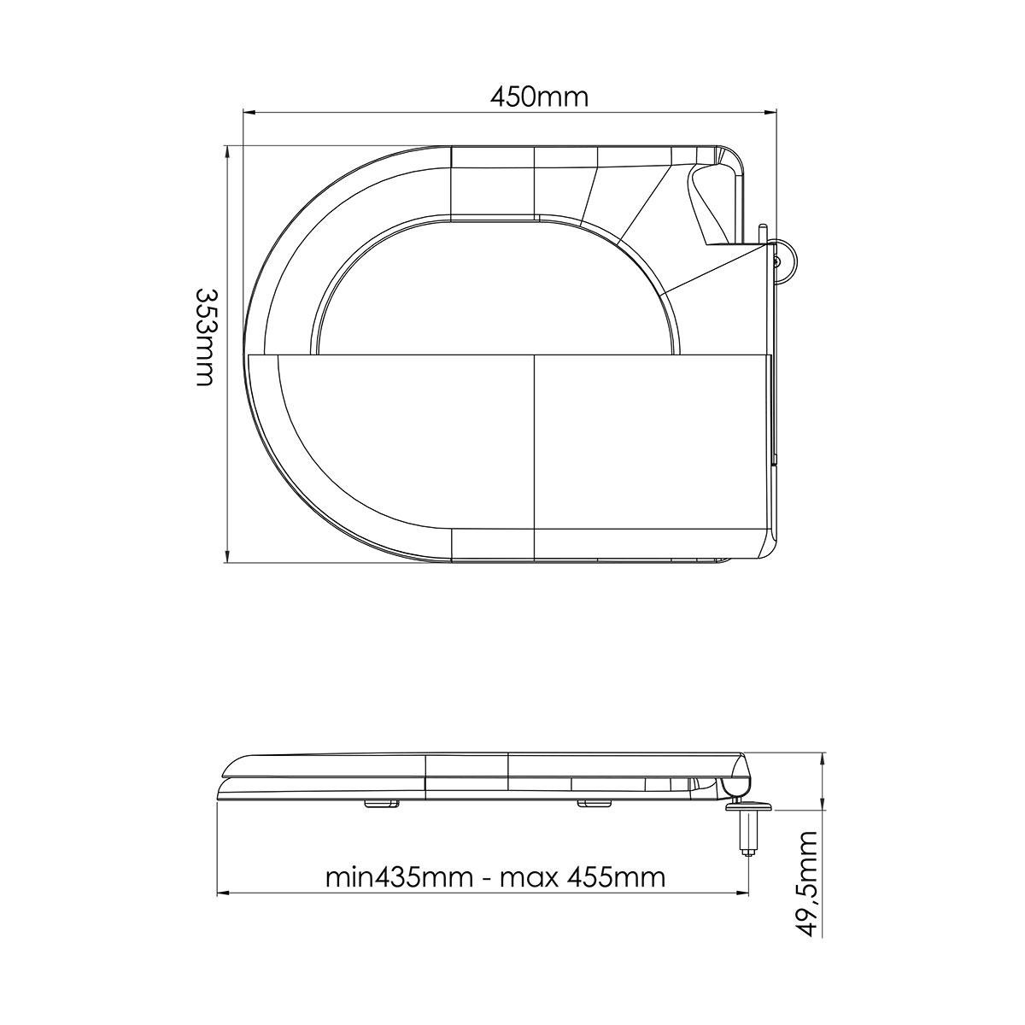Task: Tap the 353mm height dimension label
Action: coord(205,337)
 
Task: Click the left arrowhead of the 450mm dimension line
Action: coord(249,112)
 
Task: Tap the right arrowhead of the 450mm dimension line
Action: coord(770,112)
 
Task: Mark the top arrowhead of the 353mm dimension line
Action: coord(228,154)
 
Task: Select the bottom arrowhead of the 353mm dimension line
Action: coord(228,555)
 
